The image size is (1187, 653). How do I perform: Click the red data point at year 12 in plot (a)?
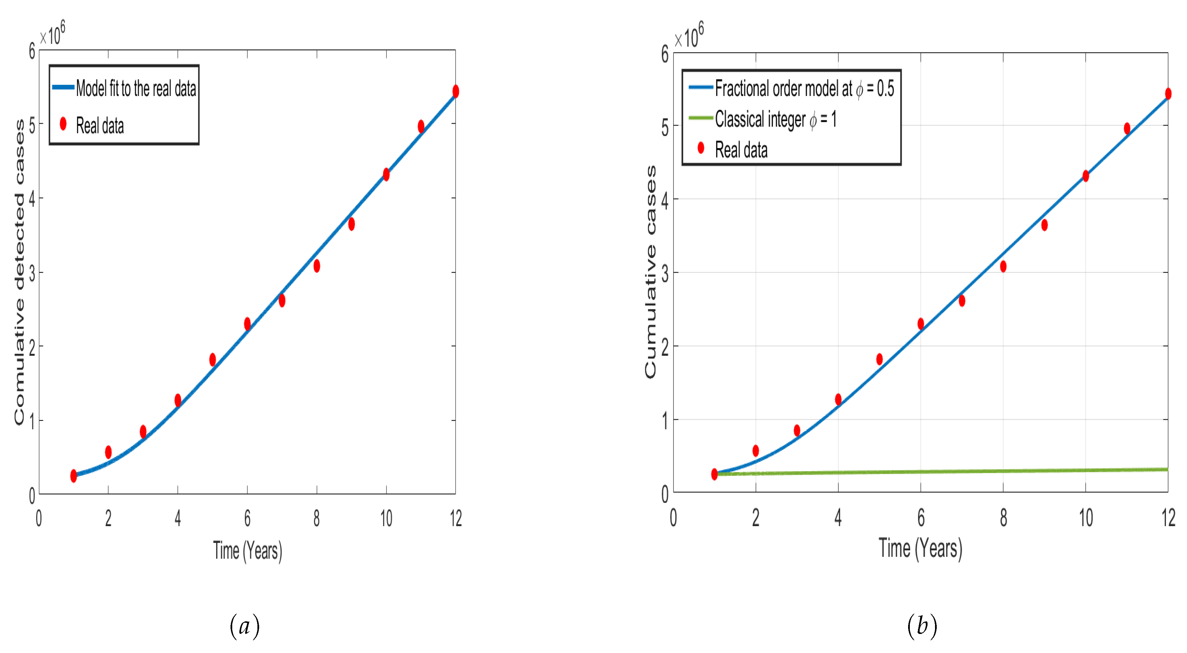(455, 91)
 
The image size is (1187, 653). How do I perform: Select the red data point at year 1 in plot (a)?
(74, 476)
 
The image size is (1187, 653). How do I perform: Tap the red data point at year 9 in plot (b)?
(1044, 225)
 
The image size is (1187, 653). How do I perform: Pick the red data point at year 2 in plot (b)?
(756, 451)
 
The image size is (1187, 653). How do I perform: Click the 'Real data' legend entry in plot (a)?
(99, 126)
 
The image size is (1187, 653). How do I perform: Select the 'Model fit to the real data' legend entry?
(136, 88)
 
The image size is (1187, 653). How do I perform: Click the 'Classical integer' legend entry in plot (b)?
(775, 119)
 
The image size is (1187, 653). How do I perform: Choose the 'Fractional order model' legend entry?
(804, 88)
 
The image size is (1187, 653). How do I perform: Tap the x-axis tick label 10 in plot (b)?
(1085, 518)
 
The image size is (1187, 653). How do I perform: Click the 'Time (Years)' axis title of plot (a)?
(248, 550)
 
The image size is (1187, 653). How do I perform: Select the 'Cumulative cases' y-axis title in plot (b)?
(650, 272)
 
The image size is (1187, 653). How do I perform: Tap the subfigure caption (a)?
(245, 626)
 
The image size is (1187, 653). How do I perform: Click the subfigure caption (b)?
(922, 626)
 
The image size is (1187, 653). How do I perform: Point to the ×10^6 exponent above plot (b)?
(689, 36)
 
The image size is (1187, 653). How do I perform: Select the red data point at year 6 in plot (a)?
(248, 324)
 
